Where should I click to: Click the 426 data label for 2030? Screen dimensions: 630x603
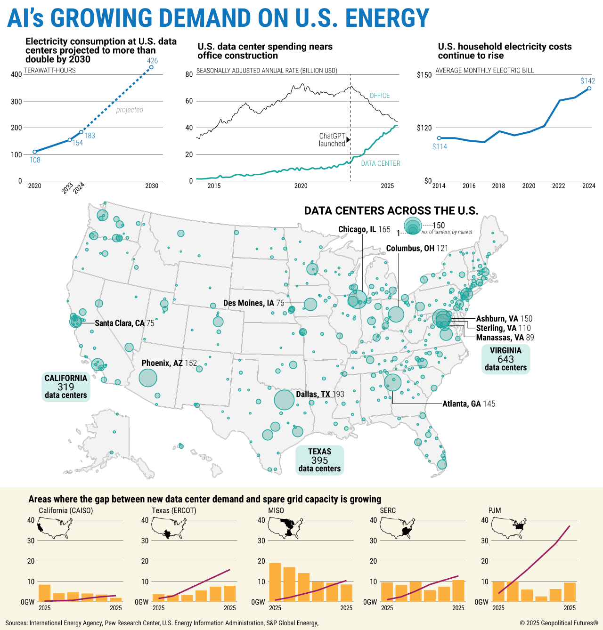tap(152, 61)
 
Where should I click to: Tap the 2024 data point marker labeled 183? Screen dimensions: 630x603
tap(81, 132)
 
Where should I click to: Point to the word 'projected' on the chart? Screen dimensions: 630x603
tap(130, 110)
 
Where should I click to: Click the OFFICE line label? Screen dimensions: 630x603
tap(379, 96)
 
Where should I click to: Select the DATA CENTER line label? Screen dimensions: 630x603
tap(380, 163)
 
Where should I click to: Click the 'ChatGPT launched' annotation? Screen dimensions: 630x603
tap(332, 140)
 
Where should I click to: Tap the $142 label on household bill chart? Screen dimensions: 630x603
tap(587, 81)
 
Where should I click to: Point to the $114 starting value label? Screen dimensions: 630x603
tap(440, 146)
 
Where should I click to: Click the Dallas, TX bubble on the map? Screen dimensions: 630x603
tap(284, 400)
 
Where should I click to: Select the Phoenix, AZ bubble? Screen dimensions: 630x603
tap(148, 378)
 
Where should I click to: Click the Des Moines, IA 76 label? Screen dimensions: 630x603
tap(253, 303)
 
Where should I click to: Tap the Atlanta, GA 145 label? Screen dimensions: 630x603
tap(468, 404)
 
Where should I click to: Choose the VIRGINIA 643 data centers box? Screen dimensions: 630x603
tap(505, 359)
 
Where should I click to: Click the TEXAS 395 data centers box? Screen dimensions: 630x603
tap(319, 460)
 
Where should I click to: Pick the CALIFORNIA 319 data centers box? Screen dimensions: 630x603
tap(66, 387)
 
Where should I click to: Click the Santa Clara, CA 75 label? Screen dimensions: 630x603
tap(124, 323)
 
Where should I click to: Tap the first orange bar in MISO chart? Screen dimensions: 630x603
tap(275, 582)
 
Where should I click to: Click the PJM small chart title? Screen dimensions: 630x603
tap(494, 510)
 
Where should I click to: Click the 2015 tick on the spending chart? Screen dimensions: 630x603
tap(214, 186)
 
